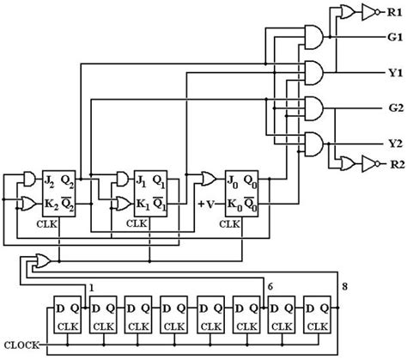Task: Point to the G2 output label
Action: [x=393, y=109]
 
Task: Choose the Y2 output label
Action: [x=393, y=143]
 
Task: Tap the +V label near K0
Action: [x=205, y=204]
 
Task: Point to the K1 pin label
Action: [x=141, y=204]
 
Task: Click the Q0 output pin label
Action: [x=253, y=180]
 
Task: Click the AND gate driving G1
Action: [x=314, y=40]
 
